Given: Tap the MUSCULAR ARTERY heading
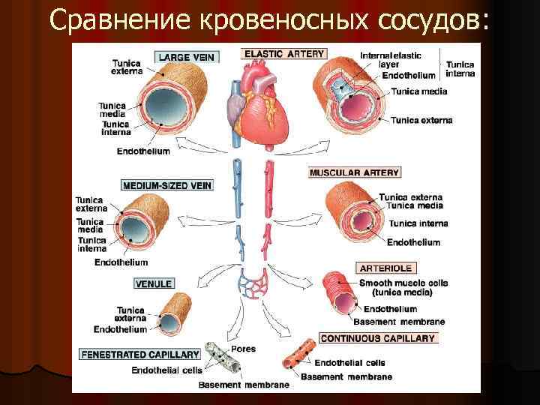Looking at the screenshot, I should [x=354, y=172].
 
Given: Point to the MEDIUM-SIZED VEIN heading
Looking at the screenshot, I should [x=166, y=184].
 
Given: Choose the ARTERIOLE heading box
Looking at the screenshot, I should [x=387, y=268].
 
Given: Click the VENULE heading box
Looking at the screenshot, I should [x=154, y=283].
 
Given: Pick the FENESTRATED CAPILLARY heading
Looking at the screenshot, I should [x=139, y=354].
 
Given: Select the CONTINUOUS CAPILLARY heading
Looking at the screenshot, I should [x=378, y=338].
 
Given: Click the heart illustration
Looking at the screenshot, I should [x=262, y=104].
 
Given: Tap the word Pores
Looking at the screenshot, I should [x=243, y=349].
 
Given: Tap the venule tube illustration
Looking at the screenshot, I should [x=175, y=313].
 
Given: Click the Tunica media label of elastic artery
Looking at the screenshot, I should [x=418, y=91].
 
